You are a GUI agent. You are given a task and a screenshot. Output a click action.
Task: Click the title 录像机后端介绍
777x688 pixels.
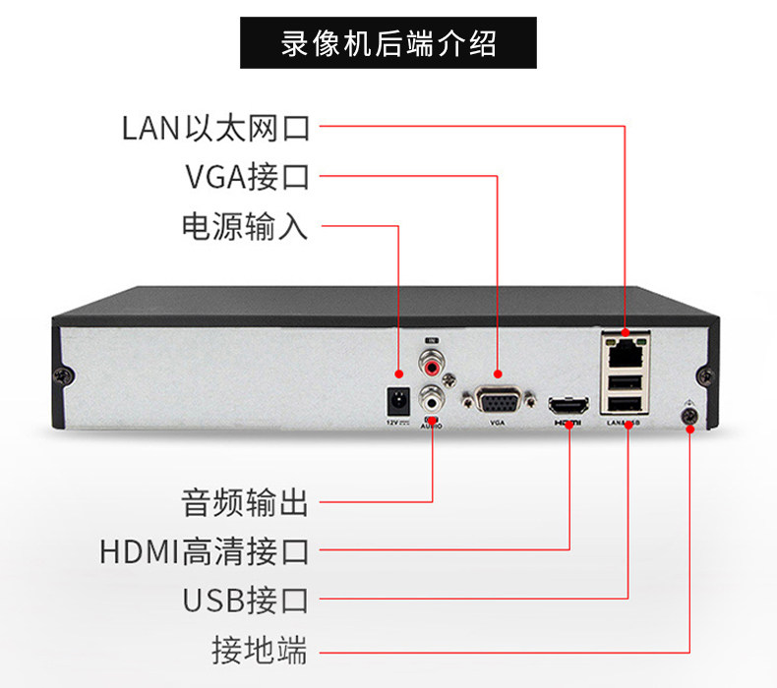(x=388, y=44)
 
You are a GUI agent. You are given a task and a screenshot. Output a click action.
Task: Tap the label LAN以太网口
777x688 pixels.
(x=215, y=128)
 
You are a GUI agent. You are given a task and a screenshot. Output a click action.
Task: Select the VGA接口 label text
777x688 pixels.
(x=247, y=178)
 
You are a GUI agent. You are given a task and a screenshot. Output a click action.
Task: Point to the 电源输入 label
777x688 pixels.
(x=245, y=227)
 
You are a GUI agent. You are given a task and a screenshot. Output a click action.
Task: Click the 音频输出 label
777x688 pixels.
(x=245, y=503)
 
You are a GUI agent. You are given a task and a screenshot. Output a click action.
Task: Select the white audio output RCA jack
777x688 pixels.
(x=431, y=398)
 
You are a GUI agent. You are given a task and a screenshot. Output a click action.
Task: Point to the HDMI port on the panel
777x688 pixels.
(x=569, y=404)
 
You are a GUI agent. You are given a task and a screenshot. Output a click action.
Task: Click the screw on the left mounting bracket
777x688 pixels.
(x=66, y=374)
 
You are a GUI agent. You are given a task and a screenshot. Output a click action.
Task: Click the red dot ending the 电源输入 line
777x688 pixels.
(x=399, y=373)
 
